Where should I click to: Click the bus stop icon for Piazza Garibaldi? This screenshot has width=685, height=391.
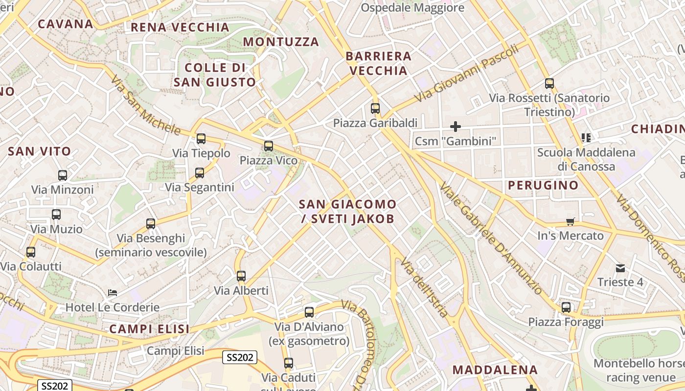(x=375, y=109)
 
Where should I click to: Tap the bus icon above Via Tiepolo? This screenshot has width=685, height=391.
(x=201, y=139)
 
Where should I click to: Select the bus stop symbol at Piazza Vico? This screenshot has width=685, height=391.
(x=268, y=146)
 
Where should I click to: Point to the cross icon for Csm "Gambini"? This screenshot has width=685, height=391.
(x=456, y=127)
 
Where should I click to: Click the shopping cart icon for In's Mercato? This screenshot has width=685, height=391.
(x=570, y=222)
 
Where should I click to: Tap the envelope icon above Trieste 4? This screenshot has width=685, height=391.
(x=620, y=268)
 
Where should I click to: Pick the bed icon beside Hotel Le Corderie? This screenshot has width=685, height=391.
(x=113, y=293)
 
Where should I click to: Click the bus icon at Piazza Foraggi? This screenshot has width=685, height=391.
(x=566, y=307)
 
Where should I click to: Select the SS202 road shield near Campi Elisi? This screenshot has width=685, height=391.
(x=240, y=357)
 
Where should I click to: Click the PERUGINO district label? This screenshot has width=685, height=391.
(x=543, y=185)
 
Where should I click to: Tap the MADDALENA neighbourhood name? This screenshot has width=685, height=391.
(x=495, y=369)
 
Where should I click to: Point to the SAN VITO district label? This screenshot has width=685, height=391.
(x=40, y=152)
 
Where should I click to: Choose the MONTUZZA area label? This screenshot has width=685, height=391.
(x=281, y=42)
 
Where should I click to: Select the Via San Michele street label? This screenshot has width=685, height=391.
(x=146, y=105)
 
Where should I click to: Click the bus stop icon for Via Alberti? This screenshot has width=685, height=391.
(x=241, y=276)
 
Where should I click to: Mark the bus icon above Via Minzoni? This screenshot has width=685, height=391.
(x=63, y=175)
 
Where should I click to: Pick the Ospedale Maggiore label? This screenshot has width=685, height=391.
(x=412, y=8)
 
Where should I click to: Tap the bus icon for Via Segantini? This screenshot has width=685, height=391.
(x=200, y=173)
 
